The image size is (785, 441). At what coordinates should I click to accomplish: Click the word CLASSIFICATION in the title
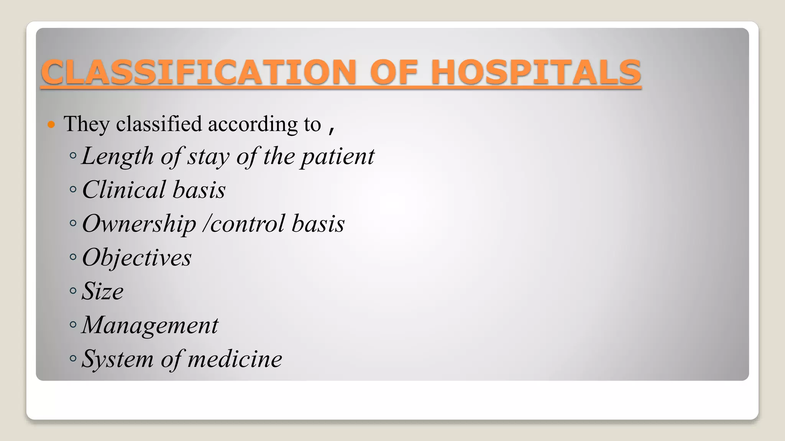(199, 72)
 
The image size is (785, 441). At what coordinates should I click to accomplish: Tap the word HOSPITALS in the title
(536, 72)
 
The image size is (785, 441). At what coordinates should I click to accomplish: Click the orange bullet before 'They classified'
(51, 124)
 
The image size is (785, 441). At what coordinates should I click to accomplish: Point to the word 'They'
(87, 124)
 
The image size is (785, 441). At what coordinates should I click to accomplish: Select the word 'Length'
(118, 157)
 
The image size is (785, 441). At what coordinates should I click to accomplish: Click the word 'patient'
(337, 157)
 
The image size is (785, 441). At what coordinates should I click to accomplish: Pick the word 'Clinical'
(124, 190)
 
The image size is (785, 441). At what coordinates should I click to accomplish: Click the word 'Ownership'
(139, 224)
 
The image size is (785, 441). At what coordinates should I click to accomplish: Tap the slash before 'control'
(206, 224)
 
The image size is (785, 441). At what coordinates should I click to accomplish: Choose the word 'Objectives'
(136, 258)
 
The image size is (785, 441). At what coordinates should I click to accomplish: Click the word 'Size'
(102, 291)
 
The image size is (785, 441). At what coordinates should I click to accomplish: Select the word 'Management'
(150, 325)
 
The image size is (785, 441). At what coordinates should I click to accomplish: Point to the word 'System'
(118, 359)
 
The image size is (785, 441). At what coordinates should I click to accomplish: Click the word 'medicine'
(235, 359)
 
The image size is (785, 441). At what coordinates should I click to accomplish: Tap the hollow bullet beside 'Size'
(73, 291)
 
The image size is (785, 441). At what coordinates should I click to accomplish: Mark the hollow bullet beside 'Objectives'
(73, 257)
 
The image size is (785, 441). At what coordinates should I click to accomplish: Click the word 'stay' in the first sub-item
(208, 157)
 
